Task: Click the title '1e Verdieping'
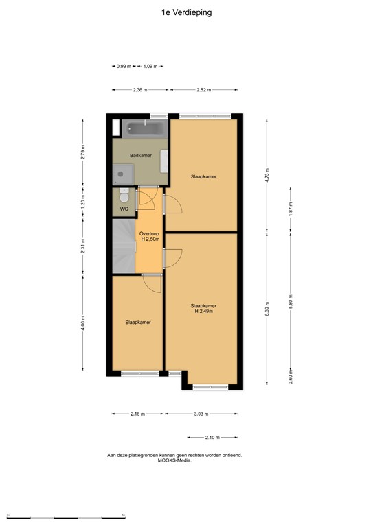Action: tap(186, 12)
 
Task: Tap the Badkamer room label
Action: tap(140, 156)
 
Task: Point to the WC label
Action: tap(124, 209)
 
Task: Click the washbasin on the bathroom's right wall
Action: tap(164, 161)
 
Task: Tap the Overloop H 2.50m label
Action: tap(150, 237)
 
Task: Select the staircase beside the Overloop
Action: tap(124, 246)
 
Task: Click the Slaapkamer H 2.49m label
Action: tap(203, 309)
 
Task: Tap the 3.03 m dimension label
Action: tap(202, 414)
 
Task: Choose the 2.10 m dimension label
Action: tap(212, 437)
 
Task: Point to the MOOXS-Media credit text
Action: tap(174, 461)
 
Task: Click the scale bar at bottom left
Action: tap(65, 515)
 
